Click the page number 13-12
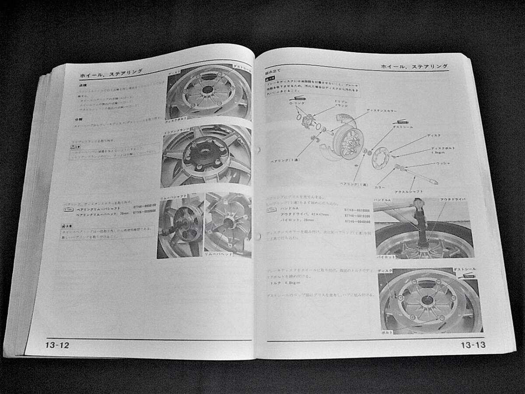pyautogui.click(x=57, y=345)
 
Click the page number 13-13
pyautogui.click(x=472, y=345)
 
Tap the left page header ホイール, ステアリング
pyautogui.click(x=112, y=74)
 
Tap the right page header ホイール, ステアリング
pyautogui.click(x=414, y=67)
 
